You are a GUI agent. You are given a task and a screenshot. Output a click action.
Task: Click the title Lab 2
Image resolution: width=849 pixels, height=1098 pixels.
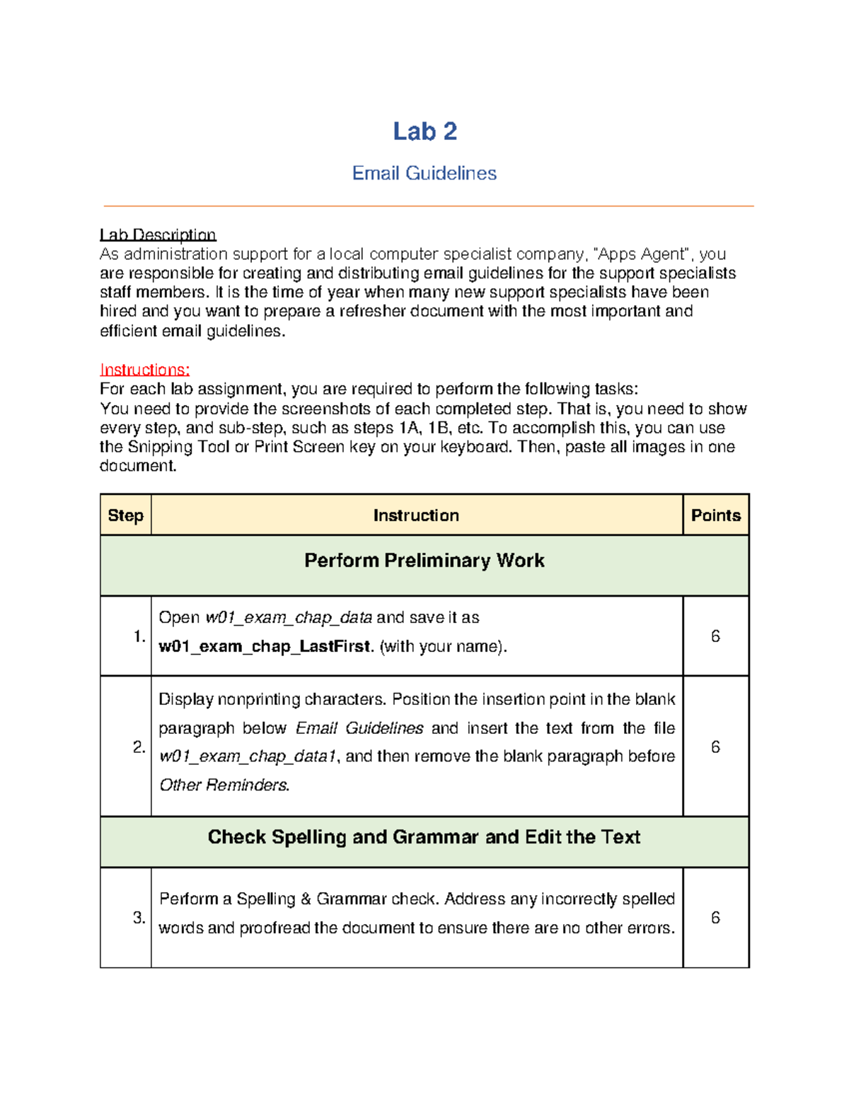tap(424, 132)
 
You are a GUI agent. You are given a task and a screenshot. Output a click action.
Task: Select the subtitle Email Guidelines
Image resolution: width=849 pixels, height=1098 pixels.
tap(424, 173)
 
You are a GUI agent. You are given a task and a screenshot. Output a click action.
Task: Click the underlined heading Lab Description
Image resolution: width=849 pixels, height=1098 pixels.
tap(158, 235)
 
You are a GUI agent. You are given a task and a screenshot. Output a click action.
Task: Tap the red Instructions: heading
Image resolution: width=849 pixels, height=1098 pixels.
tap(145, 370)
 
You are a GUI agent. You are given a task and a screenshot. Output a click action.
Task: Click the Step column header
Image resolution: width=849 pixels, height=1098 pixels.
tap(125, 515)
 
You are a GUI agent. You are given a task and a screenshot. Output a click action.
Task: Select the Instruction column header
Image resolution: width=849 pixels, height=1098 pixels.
tap(416, 515)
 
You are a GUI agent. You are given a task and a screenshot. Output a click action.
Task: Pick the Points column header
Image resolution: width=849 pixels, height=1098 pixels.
tap(715, 515)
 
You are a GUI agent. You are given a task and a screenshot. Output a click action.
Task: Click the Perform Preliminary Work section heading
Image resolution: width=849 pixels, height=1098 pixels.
tap(424, 561)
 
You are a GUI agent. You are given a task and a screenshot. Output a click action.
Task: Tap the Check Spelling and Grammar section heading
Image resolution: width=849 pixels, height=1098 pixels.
tap(424, 837)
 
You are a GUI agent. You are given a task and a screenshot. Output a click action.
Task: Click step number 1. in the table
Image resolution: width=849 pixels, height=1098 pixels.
tap(139, 636)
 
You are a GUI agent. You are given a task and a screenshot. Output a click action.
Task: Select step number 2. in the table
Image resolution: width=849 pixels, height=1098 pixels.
tap(139, 747)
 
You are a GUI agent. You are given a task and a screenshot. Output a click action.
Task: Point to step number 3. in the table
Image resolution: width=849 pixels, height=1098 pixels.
tap(139, 918)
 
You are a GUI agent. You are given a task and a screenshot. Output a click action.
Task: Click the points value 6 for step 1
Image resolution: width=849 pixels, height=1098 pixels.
tap(715, 636)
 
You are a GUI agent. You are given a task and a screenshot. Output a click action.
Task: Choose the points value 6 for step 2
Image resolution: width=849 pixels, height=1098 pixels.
tap(715, 747)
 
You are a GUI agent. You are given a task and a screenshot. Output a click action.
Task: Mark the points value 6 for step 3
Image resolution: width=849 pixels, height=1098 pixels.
tap(715, 918)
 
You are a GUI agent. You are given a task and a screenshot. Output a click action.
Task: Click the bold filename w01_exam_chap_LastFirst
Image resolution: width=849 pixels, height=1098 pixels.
tap(265, 647)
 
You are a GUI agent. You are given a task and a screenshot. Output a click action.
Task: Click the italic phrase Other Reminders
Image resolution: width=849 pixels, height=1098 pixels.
tap(224, 785)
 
